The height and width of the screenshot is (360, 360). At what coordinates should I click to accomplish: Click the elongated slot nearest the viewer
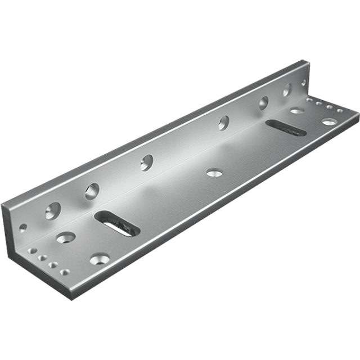117,223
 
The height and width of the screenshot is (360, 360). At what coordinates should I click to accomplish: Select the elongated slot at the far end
286,128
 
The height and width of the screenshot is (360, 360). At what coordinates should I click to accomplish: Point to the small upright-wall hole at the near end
23,228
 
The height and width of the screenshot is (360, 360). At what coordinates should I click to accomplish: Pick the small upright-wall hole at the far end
304,82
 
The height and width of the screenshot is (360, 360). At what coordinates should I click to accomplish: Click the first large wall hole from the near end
53,210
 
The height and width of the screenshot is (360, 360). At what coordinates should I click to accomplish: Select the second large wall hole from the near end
92,191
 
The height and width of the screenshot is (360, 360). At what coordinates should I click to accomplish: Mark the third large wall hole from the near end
147,162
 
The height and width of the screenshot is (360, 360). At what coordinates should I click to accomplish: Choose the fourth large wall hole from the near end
224,123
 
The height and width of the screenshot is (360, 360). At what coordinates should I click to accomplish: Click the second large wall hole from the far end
263,103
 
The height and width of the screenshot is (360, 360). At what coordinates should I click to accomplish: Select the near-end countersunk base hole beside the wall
65,237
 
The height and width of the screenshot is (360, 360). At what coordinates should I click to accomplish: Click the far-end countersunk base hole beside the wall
297,111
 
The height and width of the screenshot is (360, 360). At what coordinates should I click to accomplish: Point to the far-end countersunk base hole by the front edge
328,121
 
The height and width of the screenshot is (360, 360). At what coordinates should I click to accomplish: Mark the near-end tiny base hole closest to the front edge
55,265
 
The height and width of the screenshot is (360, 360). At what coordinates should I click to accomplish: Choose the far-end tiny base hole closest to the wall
310,100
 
